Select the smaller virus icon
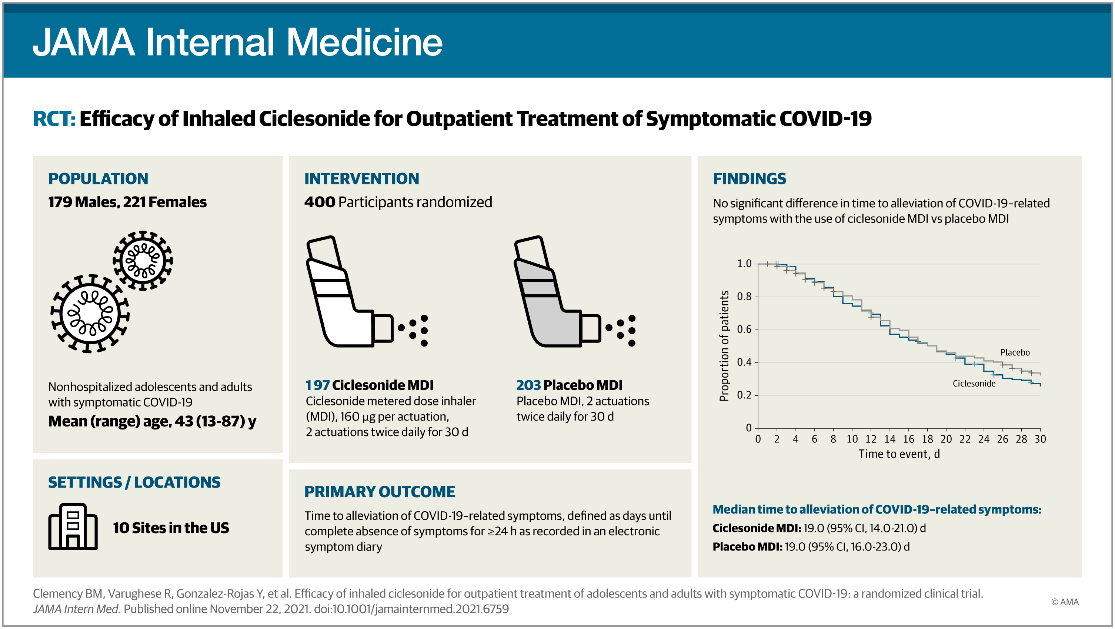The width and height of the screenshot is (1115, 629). (143, 260)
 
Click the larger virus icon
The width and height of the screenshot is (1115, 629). (90, 314)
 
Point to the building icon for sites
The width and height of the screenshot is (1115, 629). (73, 526)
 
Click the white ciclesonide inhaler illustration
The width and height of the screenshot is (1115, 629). (366, 292)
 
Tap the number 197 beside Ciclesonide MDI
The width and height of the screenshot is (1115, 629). (318, 385)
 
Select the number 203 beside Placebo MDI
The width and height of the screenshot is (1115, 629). (528, 385)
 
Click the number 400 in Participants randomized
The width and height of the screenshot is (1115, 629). (320, 202)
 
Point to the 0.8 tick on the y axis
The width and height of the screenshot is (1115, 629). (744, 296)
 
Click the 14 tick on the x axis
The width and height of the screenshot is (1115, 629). (889, 439)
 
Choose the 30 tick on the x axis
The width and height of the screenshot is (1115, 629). (1040, 439)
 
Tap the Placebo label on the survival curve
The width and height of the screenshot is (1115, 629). (1015, 352)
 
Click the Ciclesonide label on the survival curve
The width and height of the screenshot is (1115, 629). (974, 384)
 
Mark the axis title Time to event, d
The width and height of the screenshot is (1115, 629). (899, 454)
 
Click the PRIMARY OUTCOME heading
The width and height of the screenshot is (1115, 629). (380, 492)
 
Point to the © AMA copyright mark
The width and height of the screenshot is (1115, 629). (1065, 602)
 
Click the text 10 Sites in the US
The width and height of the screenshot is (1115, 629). (171, 528)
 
